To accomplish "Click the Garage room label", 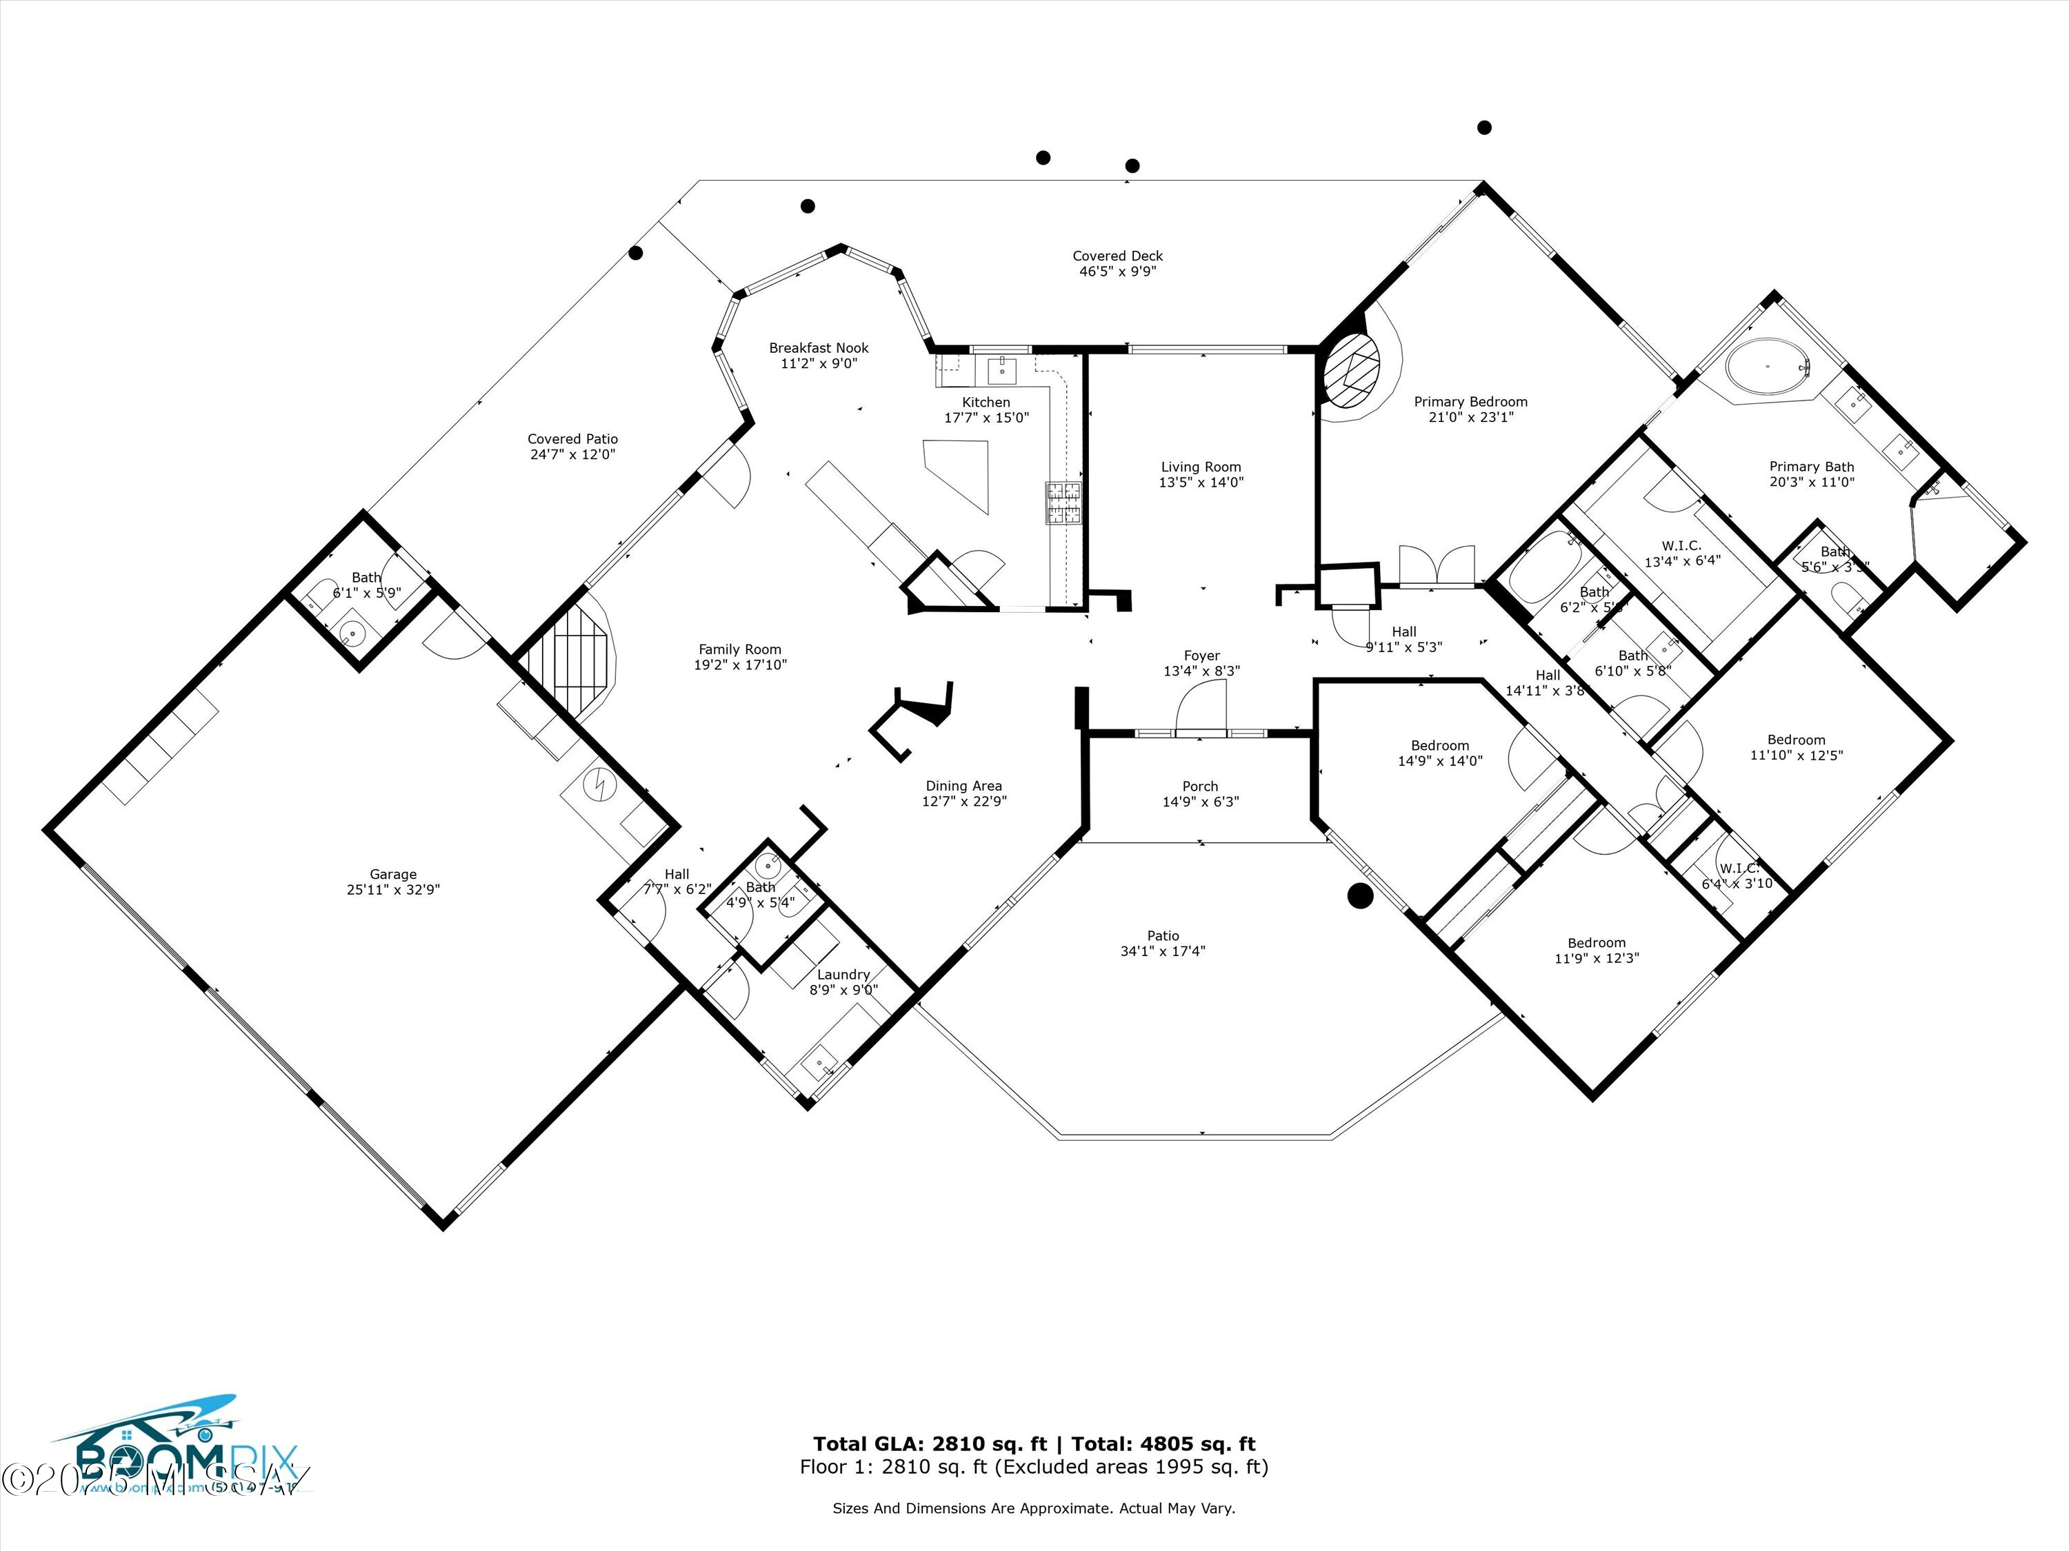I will coord(393,875).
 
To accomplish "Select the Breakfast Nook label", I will coord(819,348).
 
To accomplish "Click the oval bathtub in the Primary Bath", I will coord(1767,367).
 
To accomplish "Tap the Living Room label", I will coord(1200,467).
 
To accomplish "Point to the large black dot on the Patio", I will coord(1359,895).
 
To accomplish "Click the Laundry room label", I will coord(843,974).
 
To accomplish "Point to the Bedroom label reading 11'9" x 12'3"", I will coord(1596,950).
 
